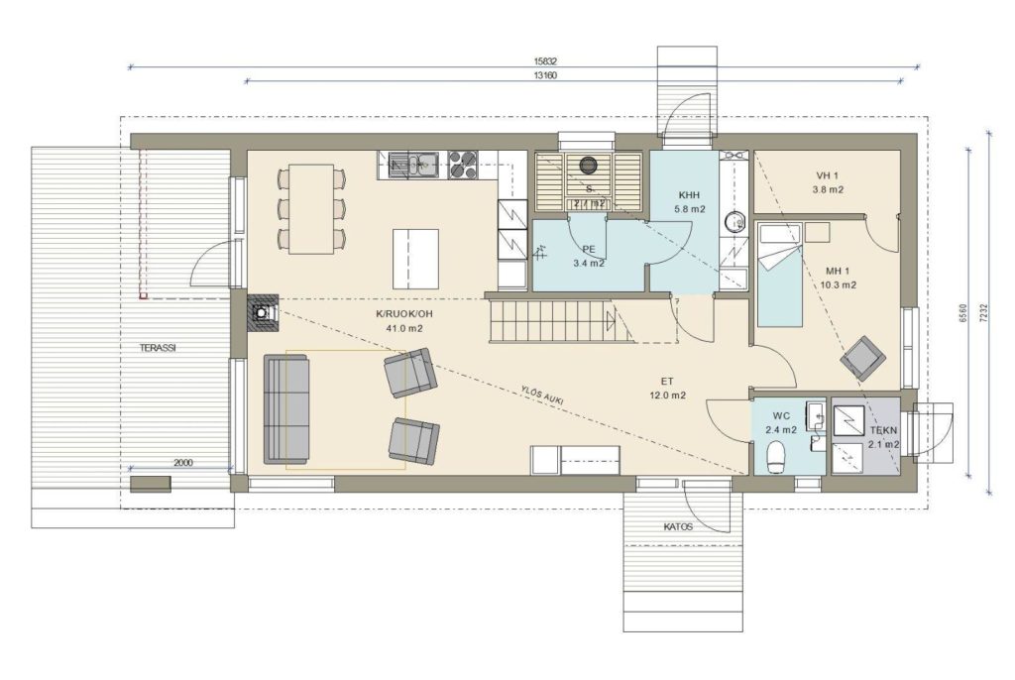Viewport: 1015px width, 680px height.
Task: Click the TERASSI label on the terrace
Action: (x=158, y=348)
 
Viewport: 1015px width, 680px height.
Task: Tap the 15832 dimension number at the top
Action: (x=546, y=61)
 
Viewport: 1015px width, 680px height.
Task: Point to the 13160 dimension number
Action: (x=546, y=75)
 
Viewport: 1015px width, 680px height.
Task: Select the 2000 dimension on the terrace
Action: (x=183, y=462)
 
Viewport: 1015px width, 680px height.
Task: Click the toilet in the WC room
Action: (x=775, y=457)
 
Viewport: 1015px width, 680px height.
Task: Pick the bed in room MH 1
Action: (x=780, y=274)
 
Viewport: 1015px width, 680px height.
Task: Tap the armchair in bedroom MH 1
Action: (x=863, y=356)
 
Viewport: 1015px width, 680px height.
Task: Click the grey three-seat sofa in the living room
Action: (x=286, y=408)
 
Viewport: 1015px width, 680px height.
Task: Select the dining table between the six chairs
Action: (x=311, y=209)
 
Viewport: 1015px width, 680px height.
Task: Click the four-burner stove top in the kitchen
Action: (x=462, y=164)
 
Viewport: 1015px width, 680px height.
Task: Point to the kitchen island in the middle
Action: (x=415, y=259)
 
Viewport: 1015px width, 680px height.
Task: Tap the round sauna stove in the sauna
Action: (x=589, y=166)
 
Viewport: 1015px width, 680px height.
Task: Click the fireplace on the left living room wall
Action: (x=264, y=313)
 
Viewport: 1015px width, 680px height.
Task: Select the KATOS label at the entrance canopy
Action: (x=678, y=526)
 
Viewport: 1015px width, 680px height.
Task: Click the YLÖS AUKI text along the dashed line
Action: (x=542, y=396)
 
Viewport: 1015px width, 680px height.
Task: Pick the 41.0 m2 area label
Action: (x=404, y=328)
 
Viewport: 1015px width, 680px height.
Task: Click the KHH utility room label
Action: (x=690, y=195)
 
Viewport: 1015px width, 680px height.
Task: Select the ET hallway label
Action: (x=667, y=382)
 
